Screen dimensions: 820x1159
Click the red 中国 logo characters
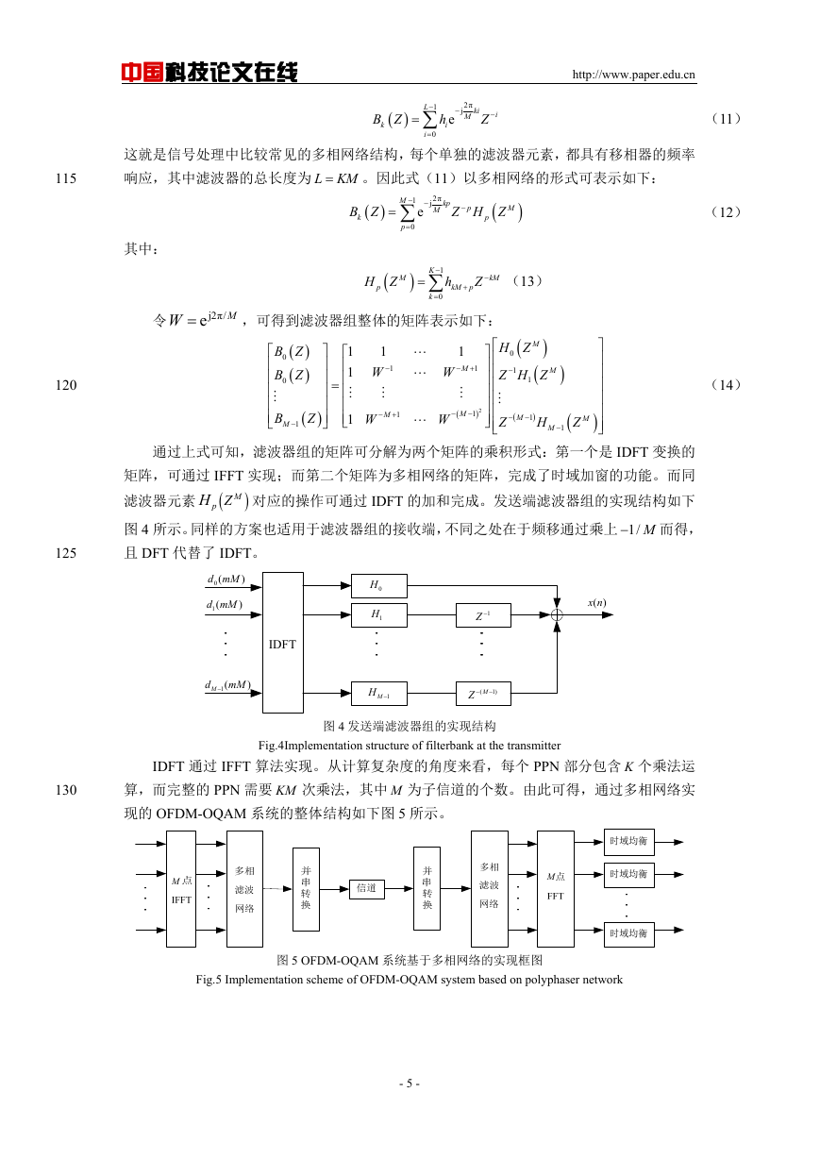click(x=142, y=73)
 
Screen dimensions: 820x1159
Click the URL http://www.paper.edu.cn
click(x=633, y=75)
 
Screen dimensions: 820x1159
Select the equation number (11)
click(x=726, y=119)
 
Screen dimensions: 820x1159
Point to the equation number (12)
click(x=726, y=212)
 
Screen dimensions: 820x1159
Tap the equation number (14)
click(x=726, y=385)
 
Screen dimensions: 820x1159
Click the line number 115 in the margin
click(x=66, y=178)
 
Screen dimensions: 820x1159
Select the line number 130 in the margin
click(x=66, y=790)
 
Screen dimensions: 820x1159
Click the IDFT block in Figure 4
click(x=282, y=643)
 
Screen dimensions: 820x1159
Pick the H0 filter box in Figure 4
click(x=378, y=586)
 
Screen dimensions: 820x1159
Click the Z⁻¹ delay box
click(x=483, y=615)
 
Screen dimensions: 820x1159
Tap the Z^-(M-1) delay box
click(x=483, y=694)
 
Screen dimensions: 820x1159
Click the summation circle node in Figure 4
click(x=557, y=615)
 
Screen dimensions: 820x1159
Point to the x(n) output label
click(x=596, y=603)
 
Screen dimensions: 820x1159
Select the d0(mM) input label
click(x=226, y=579)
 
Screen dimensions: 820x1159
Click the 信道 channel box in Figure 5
click(x=367, y=889)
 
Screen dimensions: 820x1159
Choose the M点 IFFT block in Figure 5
click(x=181, y=889)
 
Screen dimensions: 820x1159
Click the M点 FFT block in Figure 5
click(x=556, y=889)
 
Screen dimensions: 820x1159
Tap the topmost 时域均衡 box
click(x=629, y=842)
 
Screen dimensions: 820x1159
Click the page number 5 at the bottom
click(x=410, y=1083)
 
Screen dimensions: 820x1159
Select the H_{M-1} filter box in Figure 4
click(x=378, y=694)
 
